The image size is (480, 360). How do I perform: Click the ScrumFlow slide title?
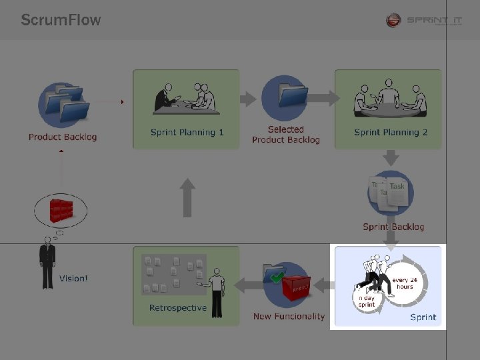tap(61, 19)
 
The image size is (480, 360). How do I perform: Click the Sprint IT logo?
tap(424, 21)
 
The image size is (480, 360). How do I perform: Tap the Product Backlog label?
tap(63, 137)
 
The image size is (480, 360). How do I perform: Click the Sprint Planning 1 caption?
tap(187, 132)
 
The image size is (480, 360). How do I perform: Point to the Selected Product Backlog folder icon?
tap(285, 97)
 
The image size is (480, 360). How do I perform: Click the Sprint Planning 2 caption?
tap(390, 132)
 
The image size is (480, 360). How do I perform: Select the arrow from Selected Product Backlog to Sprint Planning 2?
tap(323, 99)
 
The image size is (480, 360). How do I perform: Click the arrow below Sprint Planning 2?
tap(391, 158)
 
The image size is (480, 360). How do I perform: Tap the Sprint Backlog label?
tap(393, 227)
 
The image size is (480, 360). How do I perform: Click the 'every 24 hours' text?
tap(404, 283)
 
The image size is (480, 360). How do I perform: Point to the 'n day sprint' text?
tap(367, 301)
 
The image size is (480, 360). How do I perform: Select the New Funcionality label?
tap(289, 317)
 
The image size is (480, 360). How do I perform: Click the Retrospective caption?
tap(178, 308)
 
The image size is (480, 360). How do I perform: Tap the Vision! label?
tap(73, 278)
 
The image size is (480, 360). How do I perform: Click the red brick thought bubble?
tap(62, 211)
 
